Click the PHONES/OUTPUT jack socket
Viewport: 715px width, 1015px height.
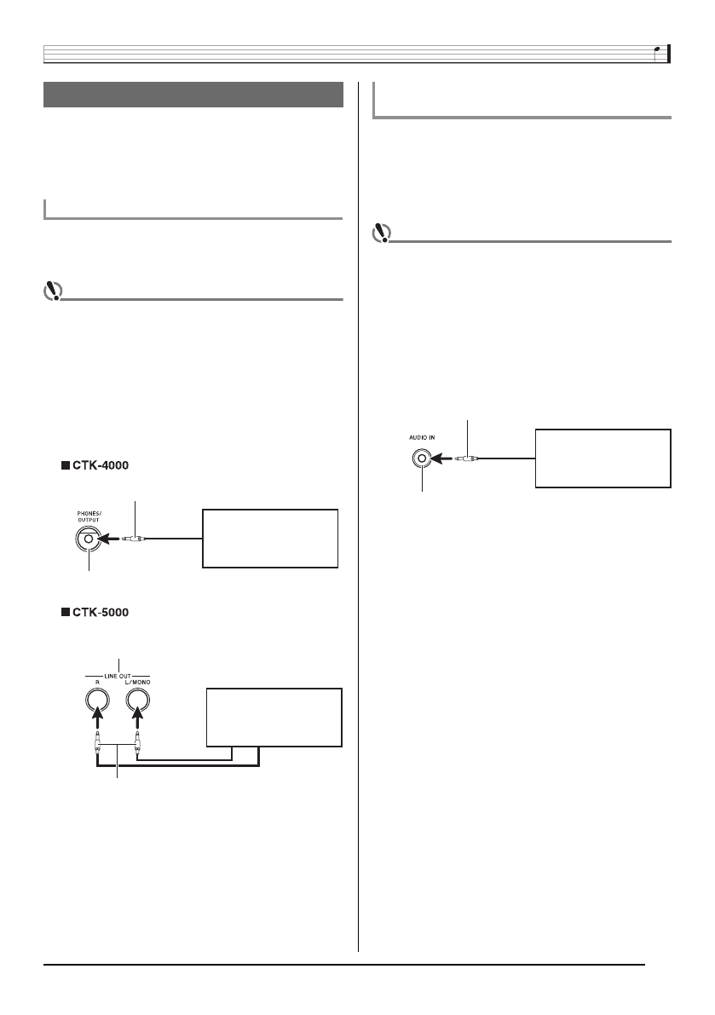click(89, 539)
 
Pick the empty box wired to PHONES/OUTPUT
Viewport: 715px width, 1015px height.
click(270, 539)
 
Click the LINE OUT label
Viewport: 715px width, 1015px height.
click(118, 673)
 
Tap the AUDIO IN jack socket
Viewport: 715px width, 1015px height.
click(421, 458)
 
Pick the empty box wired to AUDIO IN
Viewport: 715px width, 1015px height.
click(603, 458)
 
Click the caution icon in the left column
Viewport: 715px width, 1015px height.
click(53, 291)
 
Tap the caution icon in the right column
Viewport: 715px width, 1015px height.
click(383, 234)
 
